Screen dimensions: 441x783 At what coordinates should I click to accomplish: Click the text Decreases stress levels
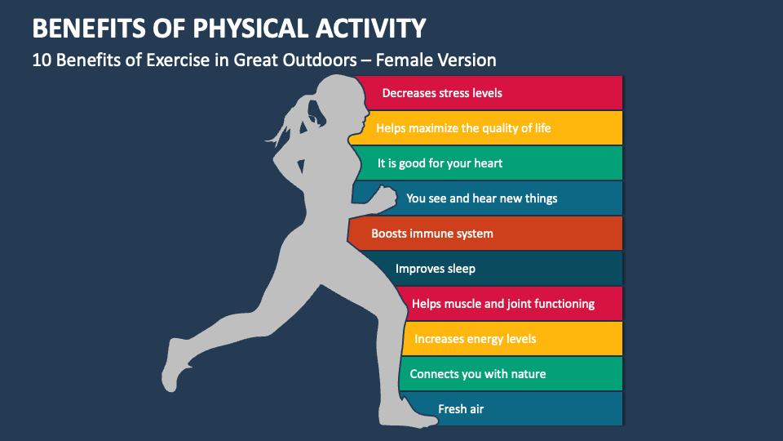tap(442, 93)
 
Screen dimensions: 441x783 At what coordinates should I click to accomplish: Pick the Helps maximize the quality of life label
tap(463, 128)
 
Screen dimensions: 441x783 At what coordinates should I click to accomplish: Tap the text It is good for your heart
tap(440, 163)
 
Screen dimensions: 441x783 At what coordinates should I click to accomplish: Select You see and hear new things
tap(482, 198)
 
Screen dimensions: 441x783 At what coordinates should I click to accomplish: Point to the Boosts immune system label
tap(432, 234)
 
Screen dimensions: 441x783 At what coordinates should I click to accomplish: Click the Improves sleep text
tap(436, 269)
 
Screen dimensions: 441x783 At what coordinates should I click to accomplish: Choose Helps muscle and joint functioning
tap(503, 304)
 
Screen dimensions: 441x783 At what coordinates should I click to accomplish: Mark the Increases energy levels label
tap(476, 339)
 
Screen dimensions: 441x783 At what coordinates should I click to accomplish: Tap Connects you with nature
tap(478, 374)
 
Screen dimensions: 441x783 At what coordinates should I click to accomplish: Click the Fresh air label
tap(462, 409)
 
